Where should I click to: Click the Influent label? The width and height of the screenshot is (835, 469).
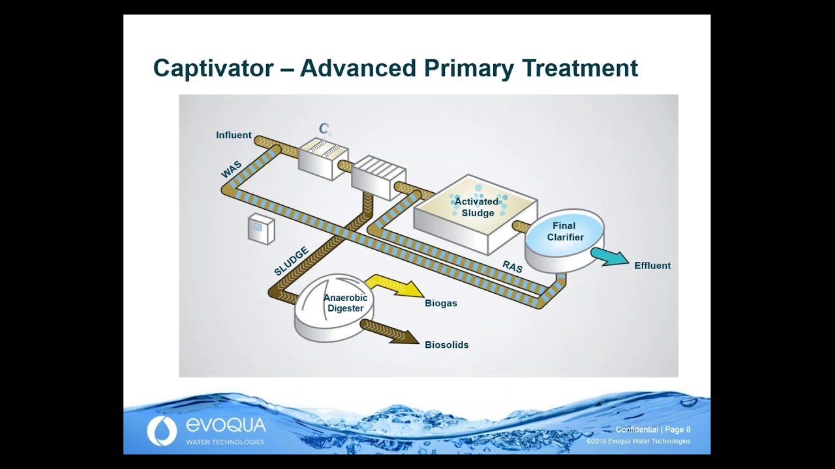tap(234, 135)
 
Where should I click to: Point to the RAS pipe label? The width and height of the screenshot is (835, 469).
tap(512, 266)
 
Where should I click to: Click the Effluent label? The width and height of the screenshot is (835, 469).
tap(652, 266)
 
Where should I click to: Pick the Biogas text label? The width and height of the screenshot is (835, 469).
tap(441, 304)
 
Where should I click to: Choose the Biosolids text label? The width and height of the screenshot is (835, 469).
tap(446, 345)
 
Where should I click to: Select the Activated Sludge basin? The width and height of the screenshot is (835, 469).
tap(476, 212)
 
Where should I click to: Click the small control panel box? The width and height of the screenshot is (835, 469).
tap(261, 229)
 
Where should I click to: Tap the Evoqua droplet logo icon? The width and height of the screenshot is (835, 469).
tap(161, 431)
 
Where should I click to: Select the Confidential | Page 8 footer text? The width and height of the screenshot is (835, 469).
tap(652, 429)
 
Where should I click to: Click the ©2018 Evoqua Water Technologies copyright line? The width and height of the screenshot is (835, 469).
tap(638, 442)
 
